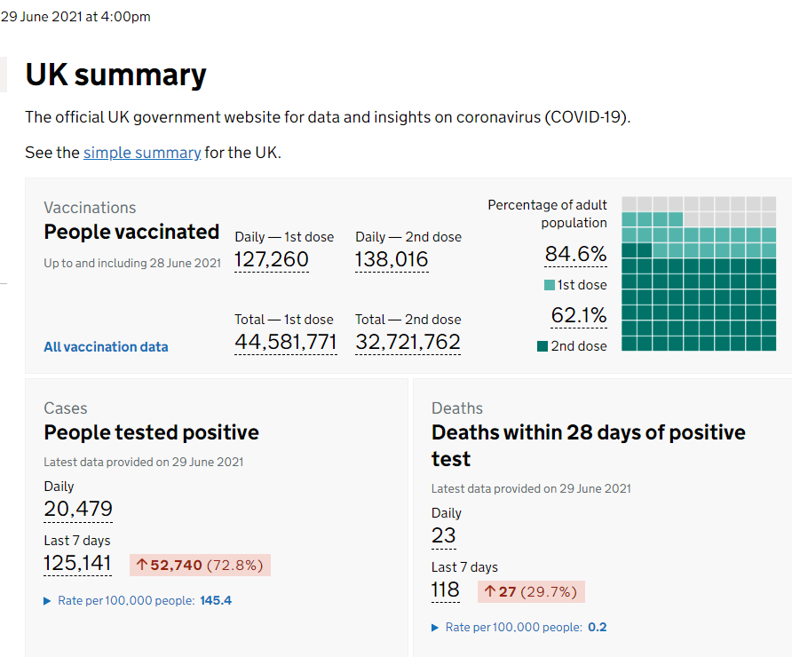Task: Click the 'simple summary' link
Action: [142, 153]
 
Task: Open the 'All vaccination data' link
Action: [106, 347]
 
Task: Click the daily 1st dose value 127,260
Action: [271, 259]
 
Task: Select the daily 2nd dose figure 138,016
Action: [392, 259]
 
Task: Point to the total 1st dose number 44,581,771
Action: [285, 342]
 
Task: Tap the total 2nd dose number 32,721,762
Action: [408, 342]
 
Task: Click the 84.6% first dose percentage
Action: [576, 254]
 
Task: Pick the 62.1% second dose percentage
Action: [579, 315]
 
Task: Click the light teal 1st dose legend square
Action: [550, 285]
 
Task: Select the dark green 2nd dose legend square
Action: [543, 346]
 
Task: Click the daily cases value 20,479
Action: [78, 509]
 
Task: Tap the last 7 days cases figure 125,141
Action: [77, 563]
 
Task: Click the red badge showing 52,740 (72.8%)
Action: [200, 565]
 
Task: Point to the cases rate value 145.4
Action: [216, 600]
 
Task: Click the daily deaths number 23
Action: [443, 535]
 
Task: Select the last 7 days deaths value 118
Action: [446, 590]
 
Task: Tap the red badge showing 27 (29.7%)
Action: [531, 592]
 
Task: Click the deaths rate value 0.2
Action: [597, 627]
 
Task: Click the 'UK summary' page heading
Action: [115, 75]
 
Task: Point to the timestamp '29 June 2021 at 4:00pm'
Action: [75, 17]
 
